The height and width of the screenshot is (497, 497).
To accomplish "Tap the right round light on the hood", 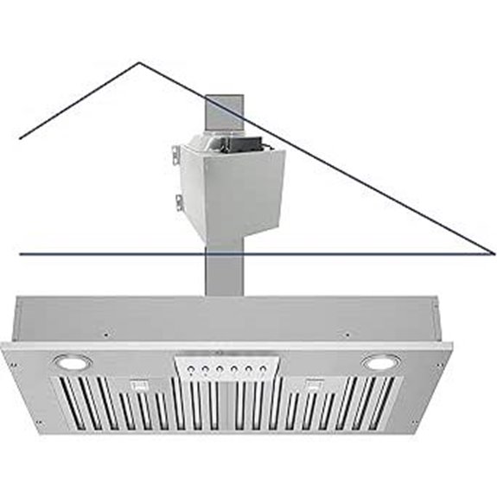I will [x=378, y=362].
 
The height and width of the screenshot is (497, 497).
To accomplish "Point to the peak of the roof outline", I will [x=138, y=63].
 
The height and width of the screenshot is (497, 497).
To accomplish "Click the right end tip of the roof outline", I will [x=494, y=253].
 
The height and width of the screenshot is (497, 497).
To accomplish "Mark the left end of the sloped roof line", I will [x=20, y=138].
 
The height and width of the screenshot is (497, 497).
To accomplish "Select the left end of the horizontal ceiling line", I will [x=20, y=254].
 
